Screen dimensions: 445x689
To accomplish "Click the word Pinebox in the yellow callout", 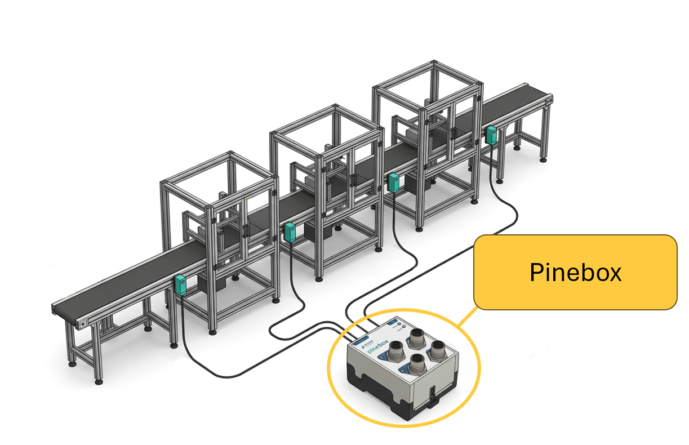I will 575,273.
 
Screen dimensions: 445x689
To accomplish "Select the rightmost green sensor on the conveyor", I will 491,134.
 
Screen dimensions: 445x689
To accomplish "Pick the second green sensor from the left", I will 290,231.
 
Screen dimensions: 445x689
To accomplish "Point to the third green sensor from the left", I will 394,181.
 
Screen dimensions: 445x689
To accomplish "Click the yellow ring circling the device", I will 332,389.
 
